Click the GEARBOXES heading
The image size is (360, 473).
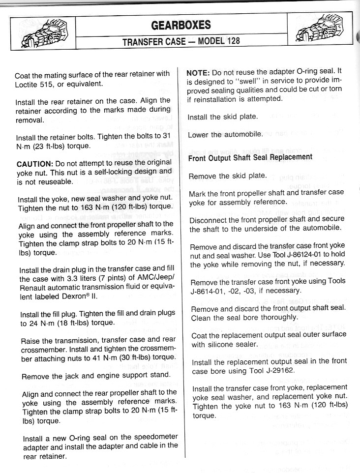click(180, 25)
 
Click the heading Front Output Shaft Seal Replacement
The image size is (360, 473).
click(250, 158)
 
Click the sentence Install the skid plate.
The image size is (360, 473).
click(223, 117)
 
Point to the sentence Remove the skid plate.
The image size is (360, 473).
click(228, 176)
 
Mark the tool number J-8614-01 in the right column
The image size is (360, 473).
click(210, 291)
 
